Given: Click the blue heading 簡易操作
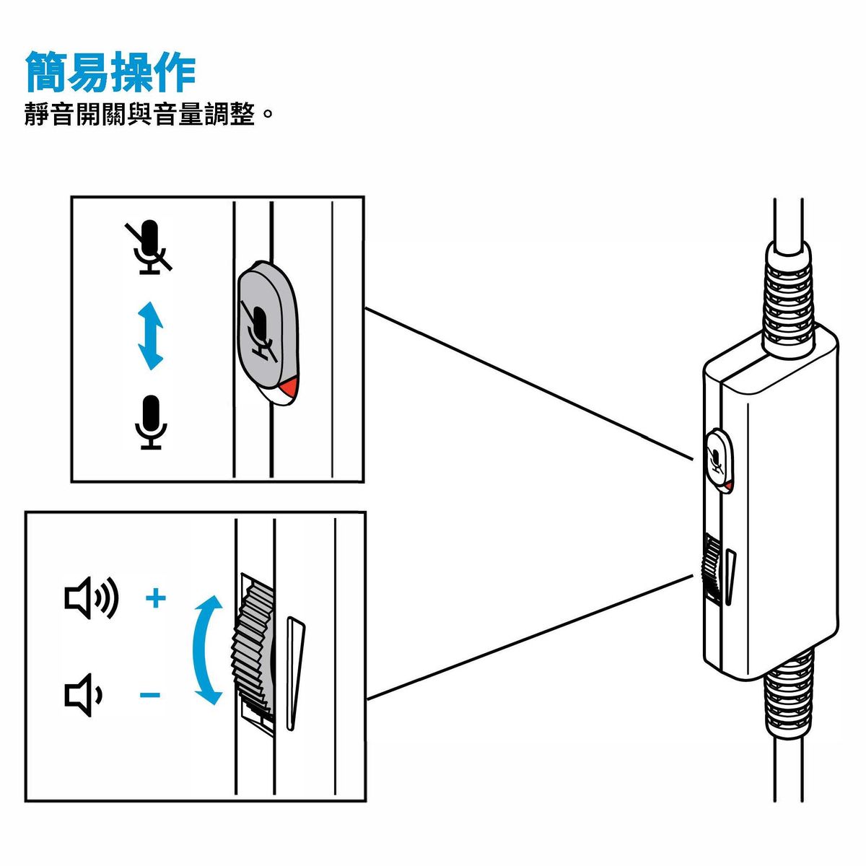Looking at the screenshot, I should (110, 71).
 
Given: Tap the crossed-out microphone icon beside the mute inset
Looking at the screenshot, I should (149, 247).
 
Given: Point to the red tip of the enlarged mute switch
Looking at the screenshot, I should (288, 390).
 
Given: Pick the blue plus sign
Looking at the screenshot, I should (156, 598).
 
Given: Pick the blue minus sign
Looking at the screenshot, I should (150, 696).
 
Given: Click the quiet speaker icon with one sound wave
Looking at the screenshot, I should (84, 695).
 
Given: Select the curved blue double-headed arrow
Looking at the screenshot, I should (206, 650).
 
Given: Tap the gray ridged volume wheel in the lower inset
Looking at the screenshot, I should (253, 649).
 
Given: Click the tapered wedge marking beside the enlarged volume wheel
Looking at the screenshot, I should (294, 671).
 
